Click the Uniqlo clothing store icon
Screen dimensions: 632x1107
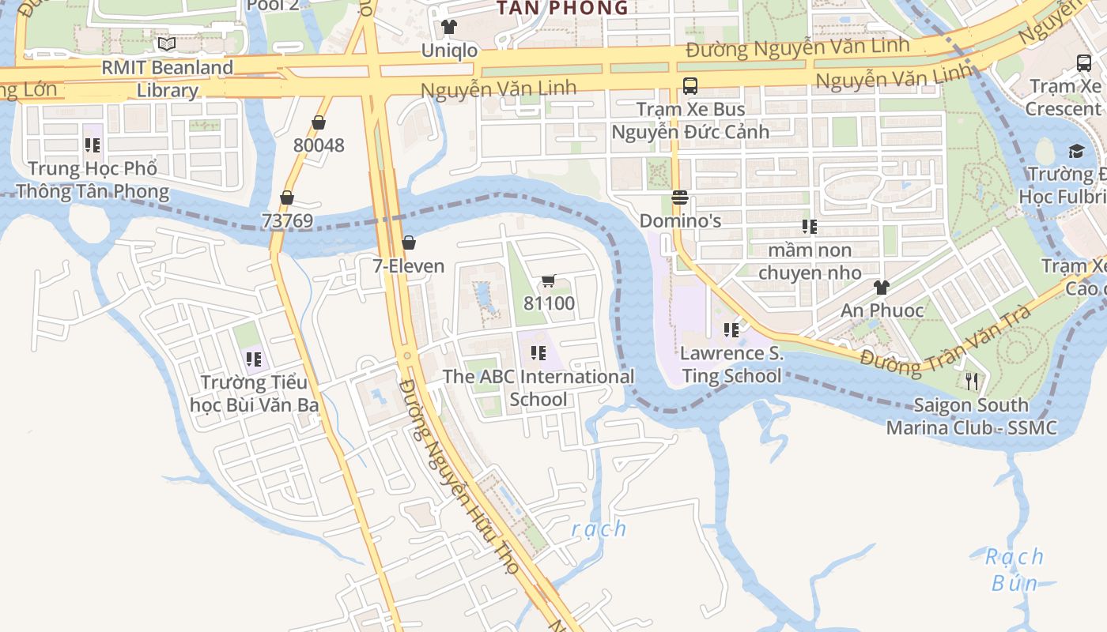click(449, 27)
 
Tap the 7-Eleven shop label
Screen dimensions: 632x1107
click(409, 266)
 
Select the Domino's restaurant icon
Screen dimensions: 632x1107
click(680, 197)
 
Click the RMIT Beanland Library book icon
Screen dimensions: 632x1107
click(166, 43)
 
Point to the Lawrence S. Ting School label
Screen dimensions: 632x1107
click(731, 364)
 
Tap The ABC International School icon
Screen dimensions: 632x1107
click(538, 353)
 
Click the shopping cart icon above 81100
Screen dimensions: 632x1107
click(549, 281)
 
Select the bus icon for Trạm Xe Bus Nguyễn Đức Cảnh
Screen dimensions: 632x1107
click(690, 86)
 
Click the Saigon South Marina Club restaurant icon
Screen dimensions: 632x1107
click(972, 382)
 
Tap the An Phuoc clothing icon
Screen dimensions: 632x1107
click(881, 288)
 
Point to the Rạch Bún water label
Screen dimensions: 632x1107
click(1015, 570)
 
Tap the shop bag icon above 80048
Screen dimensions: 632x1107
click(319, 122)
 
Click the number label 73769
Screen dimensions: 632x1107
click(287, 221)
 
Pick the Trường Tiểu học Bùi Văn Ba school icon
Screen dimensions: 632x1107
click(254, 359)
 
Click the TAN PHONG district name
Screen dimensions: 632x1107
click(562, 8)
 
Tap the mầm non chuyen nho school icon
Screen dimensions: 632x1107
click(809, 228)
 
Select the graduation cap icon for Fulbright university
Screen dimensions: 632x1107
click(1076, 151)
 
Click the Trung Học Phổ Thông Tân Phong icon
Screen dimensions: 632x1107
click(93, 145)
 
